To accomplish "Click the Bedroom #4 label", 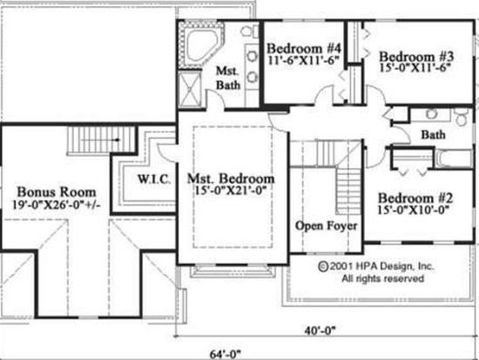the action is click(x=304, y=49).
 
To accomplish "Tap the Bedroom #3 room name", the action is click(x=416, y=57).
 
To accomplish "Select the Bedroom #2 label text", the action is click(x=415, y=198).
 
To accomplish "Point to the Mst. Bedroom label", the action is click(x=231, y=179).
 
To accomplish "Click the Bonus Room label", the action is click(x=57, y=192).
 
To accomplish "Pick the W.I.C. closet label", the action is click(x=154, y=180).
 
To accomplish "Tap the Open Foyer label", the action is click(x=327, y=226).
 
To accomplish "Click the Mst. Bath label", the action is click(x=228, y=78).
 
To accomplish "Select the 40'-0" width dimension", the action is click(x=320, y=330).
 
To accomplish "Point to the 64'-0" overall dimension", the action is click(x=226, y=355).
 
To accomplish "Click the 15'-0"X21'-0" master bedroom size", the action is click(x=229, y=191).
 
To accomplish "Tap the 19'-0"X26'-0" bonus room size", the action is click(x=57, y=205).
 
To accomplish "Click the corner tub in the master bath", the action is click(x=202, y=45).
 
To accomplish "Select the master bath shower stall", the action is click(x=190, y=89).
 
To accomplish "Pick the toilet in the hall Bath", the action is click(x=461, y=116).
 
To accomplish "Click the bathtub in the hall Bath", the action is click(x=454, y=159).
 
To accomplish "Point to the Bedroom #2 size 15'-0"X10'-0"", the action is click(x=414, y=210).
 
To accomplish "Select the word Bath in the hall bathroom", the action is click(x=433, y=134).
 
